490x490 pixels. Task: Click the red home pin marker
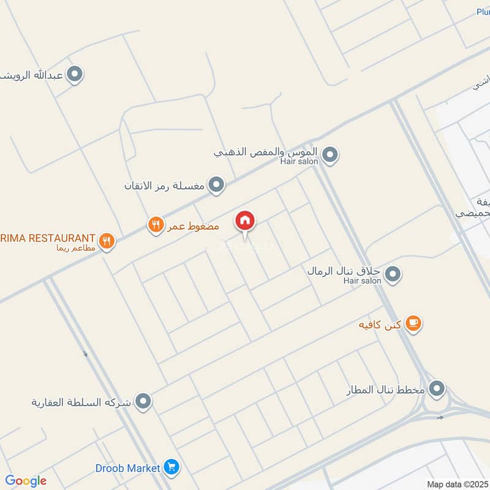(x=245, y=221)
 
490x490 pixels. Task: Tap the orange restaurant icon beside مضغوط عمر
(x=156, y=225)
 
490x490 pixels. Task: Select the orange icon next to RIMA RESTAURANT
(x=107, y=240)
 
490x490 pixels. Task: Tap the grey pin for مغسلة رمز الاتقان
(x=216, y=184)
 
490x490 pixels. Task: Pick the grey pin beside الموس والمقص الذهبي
(x=330, y=155)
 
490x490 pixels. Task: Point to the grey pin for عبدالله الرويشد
(x=75, y=75)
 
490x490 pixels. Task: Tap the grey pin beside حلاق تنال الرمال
(x=393, y=274)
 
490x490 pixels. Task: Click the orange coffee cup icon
(x=414, y=323)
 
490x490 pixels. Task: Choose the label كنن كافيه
(x=380, y=324)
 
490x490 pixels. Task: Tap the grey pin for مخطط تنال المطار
(x=437, y=388)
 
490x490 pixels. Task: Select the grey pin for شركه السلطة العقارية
(x=144, y=402)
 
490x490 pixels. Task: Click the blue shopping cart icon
(x=172, y=468)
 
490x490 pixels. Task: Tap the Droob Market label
(x=127, y=468)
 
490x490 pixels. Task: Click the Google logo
(x=26, y=481)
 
